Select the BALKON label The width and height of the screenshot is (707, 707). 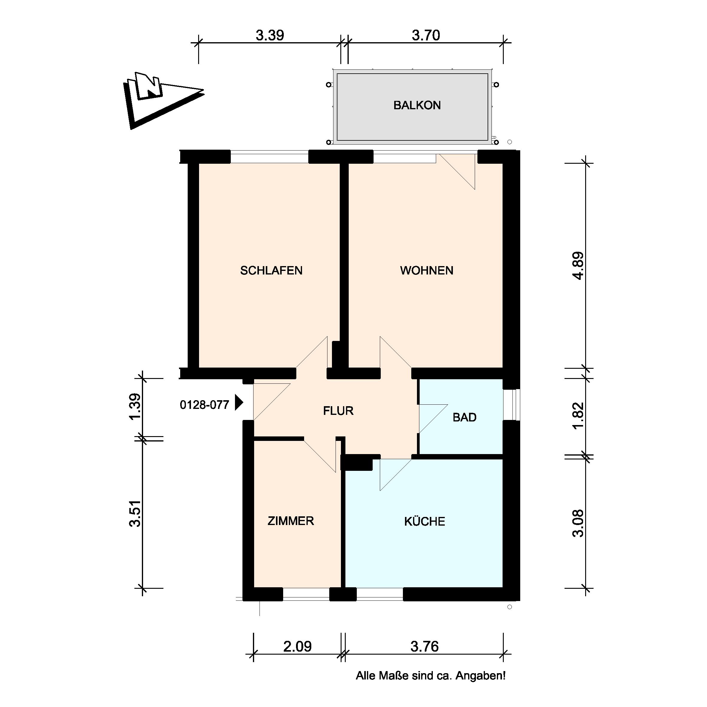417,105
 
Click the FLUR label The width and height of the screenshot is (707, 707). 338,411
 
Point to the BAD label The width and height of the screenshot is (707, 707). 464,417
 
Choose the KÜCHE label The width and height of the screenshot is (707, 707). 424,521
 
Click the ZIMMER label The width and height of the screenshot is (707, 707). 291,521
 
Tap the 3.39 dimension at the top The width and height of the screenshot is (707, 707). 270,36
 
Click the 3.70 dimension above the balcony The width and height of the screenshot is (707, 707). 426,36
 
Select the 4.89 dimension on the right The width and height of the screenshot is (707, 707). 578,266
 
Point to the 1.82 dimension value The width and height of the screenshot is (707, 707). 578,416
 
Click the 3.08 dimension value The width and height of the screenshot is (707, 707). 578,523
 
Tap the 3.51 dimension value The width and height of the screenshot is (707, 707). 135,513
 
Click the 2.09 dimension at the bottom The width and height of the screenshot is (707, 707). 297,647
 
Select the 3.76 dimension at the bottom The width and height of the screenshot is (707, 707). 424,647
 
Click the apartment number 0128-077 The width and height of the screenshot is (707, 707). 204,405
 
